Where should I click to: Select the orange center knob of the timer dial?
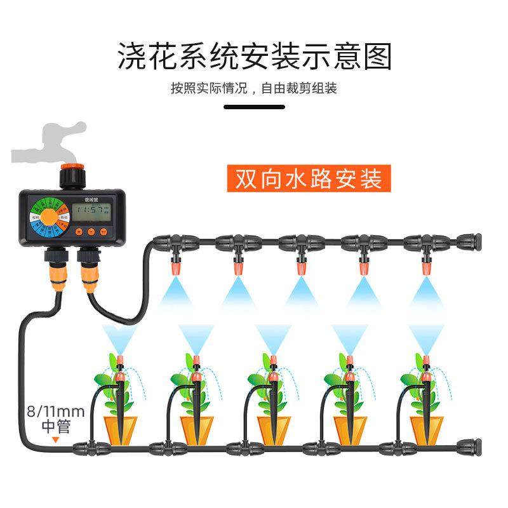coord(46,217)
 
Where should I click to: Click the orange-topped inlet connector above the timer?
coord(65,173)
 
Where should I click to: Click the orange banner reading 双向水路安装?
coord(308,179)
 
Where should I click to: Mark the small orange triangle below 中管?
coord(55,438)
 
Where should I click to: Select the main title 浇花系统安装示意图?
coord(254,57)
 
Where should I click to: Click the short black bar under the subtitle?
coord(254,107)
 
